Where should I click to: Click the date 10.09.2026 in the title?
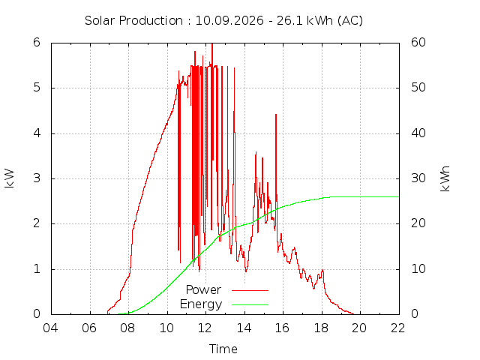[229, 21]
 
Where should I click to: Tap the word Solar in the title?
[100, 21]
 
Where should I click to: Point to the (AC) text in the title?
[350, 21]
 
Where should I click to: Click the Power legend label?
[203, 289]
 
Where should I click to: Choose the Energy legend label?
[201, 304]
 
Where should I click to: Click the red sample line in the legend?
[250, 290]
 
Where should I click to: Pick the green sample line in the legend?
[250, 305]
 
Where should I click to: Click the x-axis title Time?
[223, 349]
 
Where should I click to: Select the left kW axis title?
[9, 178]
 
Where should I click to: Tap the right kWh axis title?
[445, 178]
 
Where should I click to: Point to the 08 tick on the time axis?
[127, 328]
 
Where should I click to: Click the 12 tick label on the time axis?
[205, 328]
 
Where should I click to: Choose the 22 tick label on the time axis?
[397, 328]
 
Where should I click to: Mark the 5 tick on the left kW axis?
[37, 88]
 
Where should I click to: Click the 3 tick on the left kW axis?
[37, 178]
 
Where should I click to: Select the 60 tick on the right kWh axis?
[418, 43]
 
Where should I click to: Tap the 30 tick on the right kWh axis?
[418, 178]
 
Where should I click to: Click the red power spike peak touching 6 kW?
[212, 43]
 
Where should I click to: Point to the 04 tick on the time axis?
[50, 328]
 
